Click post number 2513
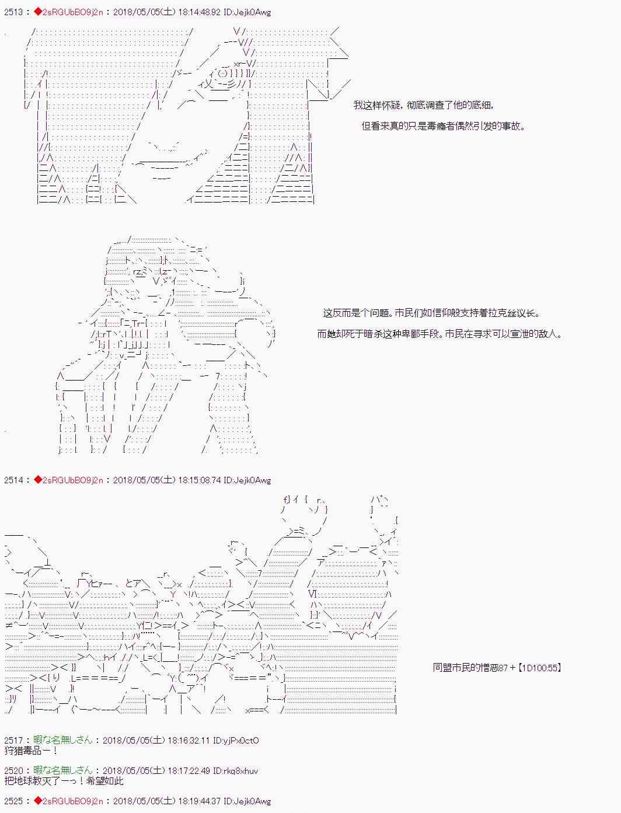coord(13,12)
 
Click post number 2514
coord(13,480)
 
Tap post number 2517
coord(13,741)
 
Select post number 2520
coord(13,771)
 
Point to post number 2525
coord(13,801)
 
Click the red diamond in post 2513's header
coord(38,12)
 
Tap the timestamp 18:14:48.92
coord(199,12)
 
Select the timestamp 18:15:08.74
coord(199,480)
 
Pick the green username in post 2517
coord(62,740)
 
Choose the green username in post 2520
coord(62,770)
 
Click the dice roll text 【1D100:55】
coord(539,668)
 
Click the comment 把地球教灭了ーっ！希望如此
coord(64,781)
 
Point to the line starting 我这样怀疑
coord(424,105)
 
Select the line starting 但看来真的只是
coord(443,126)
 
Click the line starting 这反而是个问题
coord(431,313)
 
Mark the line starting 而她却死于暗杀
coord(439,334)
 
